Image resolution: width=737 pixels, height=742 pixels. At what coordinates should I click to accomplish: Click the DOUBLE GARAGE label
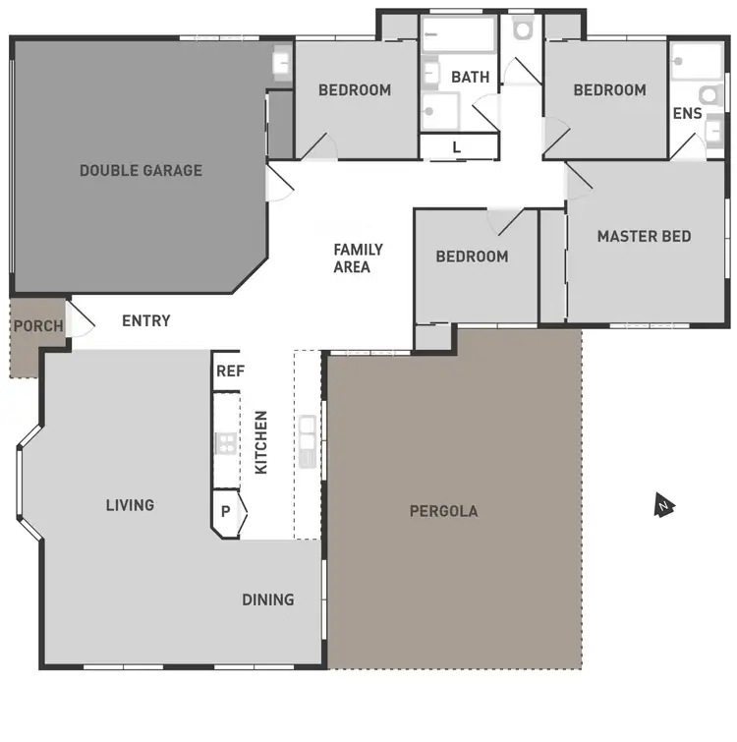coord(141,170)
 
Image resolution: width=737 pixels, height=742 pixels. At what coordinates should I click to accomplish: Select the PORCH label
coord(38,325)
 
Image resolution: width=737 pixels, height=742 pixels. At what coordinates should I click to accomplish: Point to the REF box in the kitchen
coord(229,371)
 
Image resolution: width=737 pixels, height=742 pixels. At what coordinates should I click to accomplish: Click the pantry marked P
coord(226,512)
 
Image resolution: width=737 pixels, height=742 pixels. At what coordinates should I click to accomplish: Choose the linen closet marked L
coord(457,147)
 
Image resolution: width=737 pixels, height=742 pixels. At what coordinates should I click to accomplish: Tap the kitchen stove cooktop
coord(227,442)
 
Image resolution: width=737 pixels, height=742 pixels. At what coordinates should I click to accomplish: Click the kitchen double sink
coord(309,439)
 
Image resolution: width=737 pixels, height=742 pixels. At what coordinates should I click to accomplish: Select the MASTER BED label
coord(644,236)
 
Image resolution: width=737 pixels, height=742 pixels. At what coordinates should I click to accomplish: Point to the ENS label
coord(687,113)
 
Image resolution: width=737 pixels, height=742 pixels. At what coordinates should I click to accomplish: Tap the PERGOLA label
coord(443,511)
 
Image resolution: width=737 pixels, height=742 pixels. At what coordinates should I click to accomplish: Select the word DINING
coord(268,599)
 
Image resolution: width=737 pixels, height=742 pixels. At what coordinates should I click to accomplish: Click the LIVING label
coord(130,505)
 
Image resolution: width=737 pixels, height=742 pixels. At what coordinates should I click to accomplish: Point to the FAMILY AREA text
coord(358,257)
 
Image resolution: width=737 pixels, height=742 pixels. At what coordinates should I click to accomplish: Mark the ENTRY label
coord(146,320)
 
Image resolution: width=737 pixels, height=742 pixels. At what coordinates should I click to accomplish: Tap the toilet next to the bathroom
coord(522,30)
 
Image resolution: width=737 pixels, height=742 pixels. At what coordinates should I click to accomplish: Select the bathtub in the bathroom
coord(458,36)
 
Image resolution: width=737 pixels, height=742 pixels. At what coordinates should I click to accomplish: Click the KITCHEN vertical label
coord(261,442)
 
